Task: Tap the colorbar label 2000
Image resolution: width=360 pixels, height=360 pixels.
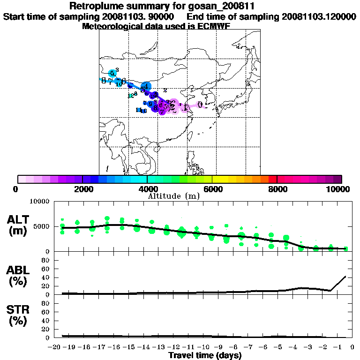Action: (x=82, y=189)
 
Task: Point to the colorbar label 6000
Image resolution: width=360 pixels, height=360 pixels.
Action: (x=212, y=189)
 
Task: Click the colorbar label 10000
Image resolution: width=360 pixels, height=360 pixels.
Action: (x=338, y=189)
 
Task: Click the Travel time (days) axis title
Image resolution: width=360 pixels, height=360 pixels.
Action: (x=205, y=356)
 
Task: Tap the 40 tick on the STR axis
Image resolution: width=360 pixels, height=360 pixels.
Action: (x=46, y=321)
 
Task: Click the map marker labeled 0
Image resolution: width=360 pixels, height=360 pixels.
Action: (x=201, y=105)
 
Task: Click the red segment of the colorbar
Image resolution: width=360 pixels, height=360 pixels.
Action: (x=272, y=179)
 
